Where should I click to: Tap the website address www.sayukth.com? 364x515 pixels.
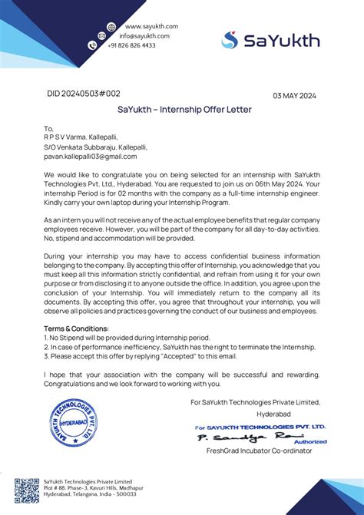coord(151,26)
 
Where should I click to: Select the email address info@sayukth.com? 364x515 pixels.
coord(144,36)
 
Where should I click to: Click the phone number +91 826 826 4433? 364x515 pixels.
coord(131,46)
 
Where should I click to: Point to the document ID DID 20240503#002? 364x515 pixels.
coord(84,94)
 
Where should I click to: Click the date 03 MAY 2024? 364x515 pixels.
coord(294,96)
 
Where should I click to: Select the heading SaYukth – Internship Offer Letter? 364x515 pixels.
coord(184,110)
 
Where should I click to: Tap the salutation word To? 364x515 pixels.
coord(49,129)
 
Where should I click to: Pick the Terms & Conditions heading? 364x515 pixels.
coord(76,328)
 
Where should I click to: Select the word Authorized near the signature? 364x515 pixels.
coord(310,441)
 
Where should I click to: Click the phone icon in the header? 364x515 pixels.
coord(93,46)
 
